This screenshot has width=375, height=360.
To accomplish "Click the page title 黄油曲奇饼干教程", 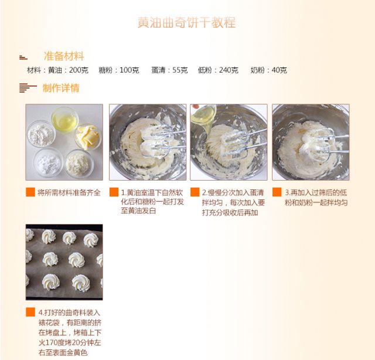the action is (x=186, y=22).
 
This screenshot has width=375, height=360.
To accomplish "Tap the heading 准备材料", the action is (x=64, y=56).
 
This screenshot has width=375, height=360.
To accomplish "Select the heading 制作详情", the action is (x=61, y=88).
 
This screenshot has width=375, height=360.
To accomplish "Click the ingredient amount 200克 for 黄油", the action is (x=79, y=70).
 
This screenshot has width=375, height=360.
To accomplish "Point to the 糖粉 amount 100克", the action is (x=129, y=70).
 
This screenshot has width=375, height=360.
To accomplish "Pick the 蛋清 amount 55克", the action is (x=180, y=70).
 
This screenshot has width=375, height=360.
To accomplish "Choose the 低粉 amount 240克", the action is (x=229, y=70).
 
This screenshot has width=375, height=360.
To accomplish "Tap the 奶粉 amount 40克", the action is (x=279, y=70).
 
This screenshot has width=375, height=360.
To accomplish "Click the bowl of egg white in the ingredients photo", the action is (x=65, y=120).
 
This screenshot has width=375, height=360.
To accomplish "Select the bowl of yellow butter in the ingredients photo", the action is (x=88, y=137).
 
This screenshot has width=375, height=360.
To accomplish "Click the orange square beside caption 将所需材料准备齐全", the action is (x=30, y=192).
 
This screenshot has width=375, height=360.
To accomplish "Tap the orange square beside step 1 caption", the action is (x=114, y=192).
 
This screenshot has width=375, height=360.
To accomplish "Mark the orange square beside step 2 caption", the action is (x=195, y=192).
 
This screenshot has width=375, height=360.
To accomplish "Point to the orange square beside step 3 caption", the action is (x=277, y=192).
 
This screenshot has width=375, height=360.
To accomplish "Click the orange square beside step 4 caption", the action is (x=30, y=312).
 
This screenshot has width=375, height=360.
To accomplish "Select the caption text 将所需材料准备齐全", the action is (x=69, y=192).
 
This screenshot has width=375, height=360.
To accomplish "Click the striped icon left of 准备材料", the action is (x=23, y=57).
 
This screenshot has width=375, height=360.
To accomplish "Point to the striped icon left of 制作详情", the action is (x=28, y=88).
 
